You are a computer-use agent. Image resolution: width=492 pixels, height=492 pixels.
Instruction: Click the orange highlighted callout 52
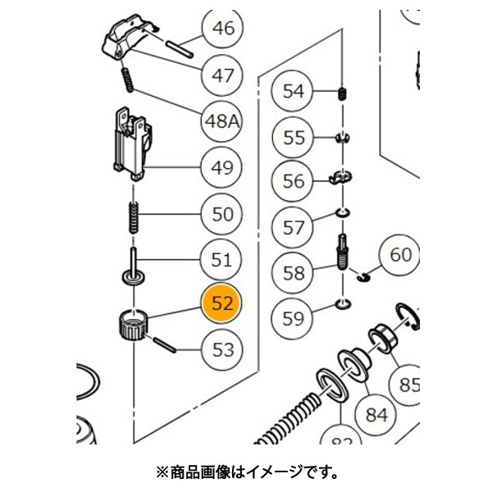click(223, 303)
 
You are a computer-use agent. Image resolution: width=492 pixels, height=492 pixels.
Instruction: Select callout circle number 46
click(223, 29)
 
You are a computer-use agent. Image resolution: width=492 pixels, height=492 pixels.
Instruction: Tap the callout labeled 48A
click(223, 122)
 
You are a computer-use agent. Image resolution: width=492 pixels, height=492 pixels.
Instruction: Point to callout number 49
click(223, 169)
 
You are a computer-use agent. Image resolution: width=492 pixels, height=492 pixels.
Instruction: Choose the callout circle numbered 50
click(223, 216)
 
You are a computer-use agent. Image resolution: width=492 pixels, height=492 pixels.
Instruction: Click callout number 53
click(223, 350)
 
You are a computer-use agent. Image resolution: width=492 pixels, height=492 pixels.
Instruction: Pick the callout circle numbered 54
click(294, 91)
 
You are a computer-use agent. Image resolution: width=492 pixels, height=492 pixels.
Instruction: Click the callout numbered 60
click(400, 256)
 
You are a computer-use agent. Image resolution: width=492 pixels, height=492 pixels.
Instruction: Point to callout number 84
click(376, 414)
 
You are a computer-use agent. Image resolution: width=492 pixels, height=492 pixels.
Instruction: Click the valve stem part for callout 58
click(343, 253)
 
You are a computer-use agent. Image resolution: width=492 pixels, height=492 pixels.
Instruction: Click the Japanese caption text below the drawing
click(246, 472)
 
